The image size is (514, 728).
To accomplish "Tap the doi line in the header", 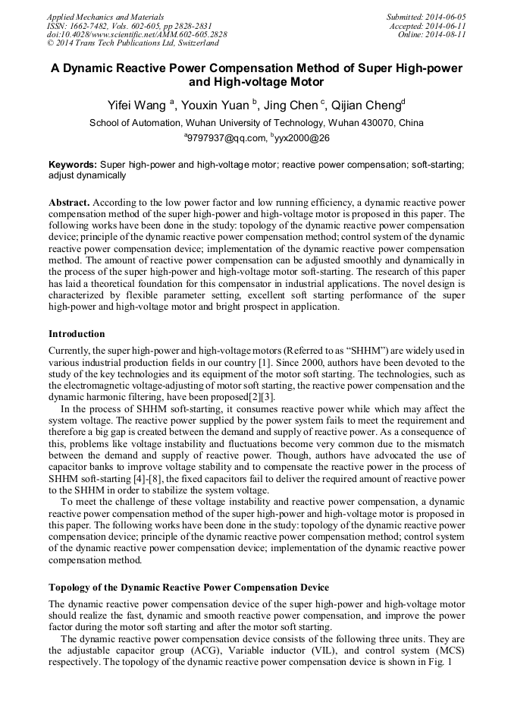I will click(x=136, y=34).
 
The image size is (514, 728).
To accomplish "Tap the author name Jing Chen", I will click(x=291, y=106).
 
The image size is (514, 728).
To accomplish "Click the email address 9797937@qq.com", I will click(x=227, y=138).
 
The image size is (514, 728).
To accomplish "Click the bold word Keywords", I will click(x=72, y=164).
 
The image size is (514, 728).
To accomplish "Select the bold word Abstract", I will click(x=69, y=203).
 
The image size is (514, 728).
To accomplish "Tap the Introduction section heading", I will click(x=77, y=334).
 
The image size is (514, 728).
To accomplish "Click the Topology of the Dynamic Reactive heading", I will click(x=189, y=588).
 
